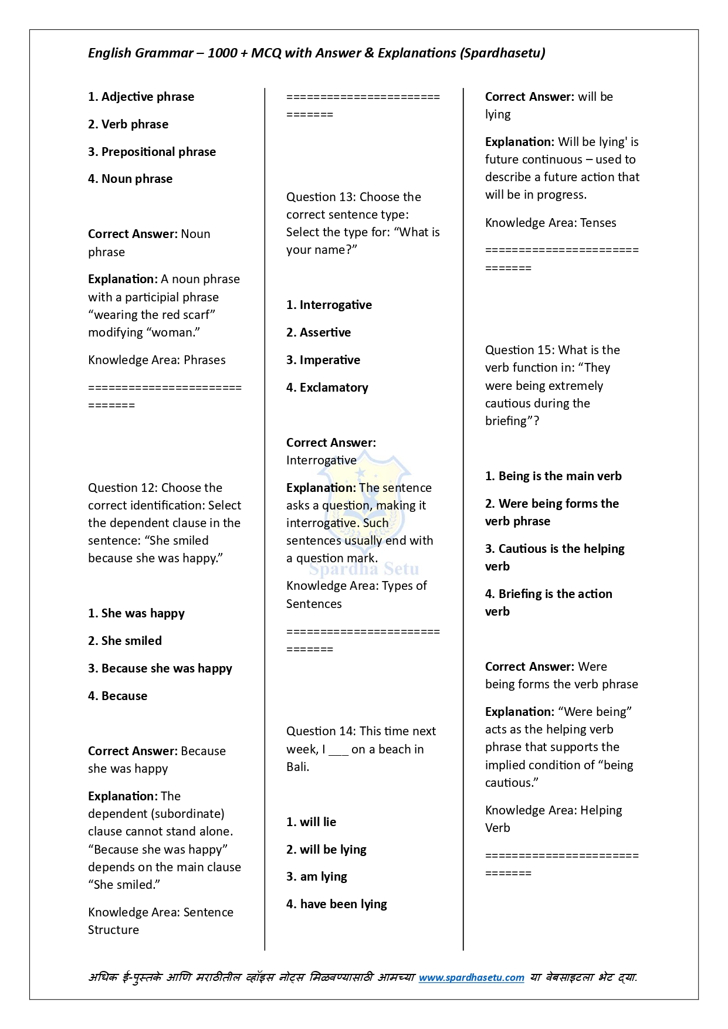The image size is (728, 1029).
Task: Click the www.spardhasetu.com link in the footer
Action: tap(471, 977)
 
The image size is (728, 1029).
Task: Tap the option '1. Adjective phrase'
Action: tap(141, 97)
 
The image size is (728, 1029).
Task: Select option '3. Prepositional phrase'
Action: tap(152, 152)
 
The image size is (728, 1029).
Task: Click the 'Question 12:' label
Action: tap(123, 488)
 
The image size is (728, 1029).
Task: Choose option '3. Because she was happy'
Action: tap(160, 668)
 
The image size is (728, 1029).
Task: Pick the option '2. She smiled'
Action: tap(125, 641)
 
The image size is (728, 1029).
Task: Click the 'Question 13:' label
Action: tap(321, 197)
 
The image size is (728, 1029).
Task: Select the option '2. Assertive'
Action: tap(319, 332)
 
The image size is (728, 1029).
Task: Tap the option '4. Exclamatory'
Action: tap(327, 388)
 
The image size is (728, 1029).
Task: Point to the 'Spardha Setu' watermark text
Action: tap(364, 569)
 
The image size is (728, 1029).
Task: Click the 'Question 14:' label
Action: tap(321, 731)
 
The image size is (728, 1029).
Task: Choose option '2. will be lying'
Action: tap(326, 850)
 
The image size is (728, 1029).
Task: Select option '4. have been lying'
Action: tap(336, 904)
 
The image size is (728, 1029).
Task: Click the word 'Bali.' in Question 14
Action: tap(297, 767)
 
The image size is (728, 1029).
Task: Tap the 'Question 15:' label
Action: tap(520, 350)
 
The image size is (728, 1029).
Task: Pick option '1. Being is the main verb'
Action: tap(553, 476)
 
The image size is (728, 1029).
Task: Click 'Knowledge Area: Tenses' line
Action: tap(550, 223)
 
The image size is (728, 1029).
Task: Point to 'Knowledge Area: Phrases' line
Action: tap(157, 360)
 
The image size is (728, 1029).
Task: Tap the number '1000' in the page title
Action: tap(222, 53)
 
